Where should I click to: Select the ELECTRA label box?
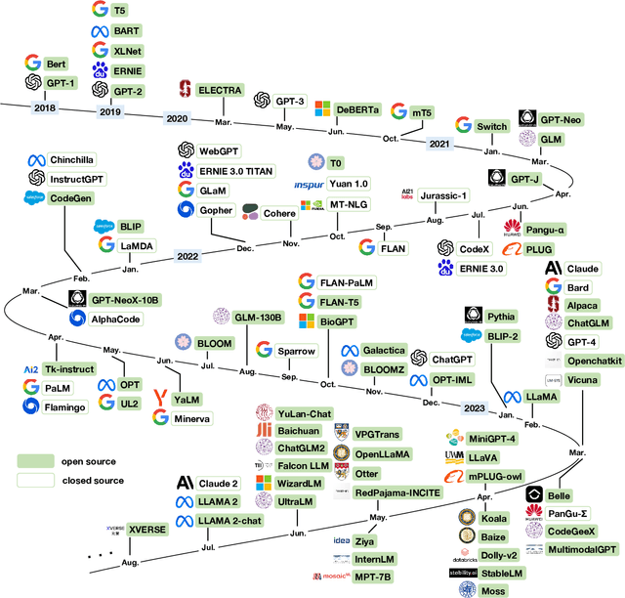(219, 90)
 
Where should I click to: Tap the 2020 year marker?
(178, 118)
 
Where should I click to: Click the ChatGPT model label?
(451, 360)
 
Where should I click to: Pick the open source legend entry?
(87, 461)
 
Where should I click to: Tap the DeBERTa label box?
(359, 108)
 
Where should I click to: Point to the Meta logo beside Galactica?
(349, 351)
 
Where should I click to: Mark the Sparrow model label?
(296, 350)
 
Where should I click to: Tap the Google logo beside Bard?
(553, 287)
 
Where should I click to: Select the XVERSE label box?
(147, 529)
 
